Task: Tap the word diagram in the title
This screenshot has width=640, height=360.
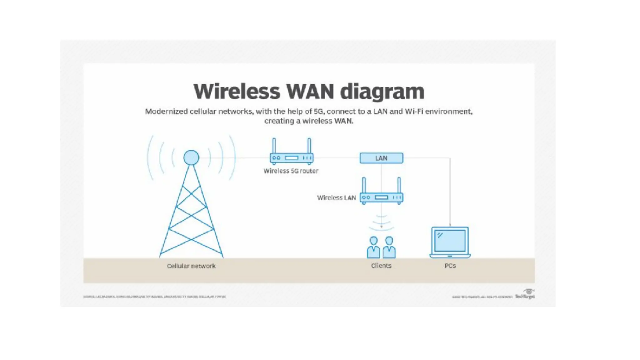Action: click(x=382, y=92)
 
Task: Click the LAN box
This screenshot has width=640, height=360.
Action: click(x=381, y=158)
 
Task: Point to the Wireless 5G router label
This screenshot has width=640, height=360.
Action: click(x=291, y=171)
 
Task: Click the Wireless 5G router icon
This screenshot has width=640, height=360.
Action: click(x=292, y=158)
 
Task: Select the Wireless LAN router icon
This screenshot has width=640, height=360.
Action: click(x=381, y=197)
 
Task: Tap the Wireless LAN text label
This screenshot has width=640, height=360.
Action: click(x=336, y=198)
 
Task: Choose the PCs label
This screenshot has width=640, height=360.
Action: click(x=450, y=266)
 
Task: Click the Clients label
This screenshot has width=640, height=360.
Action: click(x=381, y=266)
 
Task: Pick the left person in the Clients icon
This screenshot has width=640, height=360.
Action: click(x=373, y=247)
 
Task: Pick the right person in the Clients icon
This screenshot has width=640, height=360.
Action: click(x=389, y=247)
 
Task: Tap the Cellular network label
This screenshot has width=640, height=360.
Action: click(x=191, y=266)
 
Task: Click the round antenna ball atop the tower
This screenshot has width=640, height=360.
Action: click(x=191, y=157)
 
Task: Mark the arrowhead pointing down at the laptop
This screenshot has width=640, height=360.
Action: click(x=450, y=225)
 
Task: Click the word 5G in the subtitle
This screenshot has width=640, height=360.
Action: click(x=319, y=112)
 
